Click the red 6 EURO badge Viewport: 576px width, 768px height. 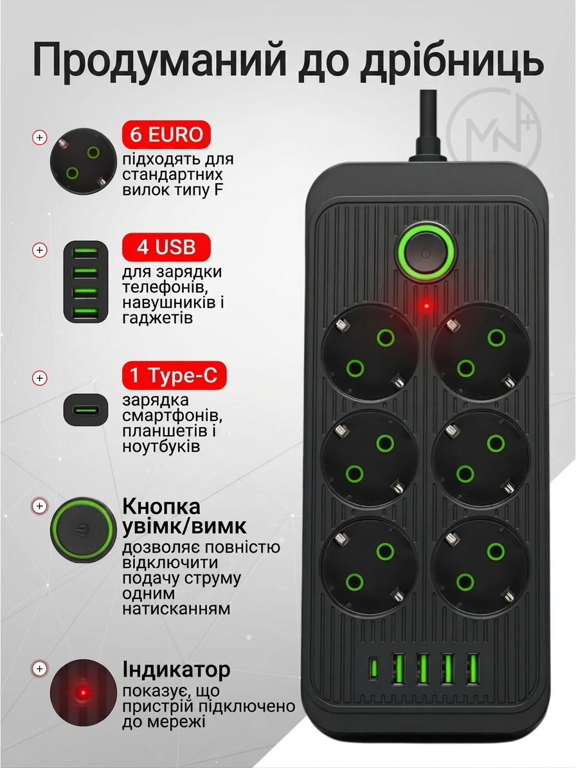[x=166, y=134]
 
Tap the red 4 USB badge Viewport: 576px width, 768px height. [x=166, y=247]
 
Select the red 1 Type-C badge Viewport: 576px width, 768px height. [x=174, y=376]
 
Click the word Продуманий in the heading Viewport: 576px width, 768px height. [x=159, y=61]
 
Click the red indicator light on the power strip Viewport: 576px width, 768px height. [x=426, y=306]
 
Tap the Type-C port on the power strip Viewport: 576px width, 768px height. [x=373, y=668]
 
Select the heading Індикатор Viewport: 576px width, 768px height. [x=176, y=669]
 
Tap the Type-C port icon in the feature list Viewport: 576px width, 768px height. [x=85, y=409]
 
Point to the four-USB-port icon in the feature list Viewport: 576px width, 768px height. [x=85, y=281]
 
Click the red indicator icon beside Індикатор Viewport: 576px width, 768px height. [x=84, y=693]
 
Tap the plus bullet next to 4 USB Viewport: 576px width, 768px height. [x=40, y=250]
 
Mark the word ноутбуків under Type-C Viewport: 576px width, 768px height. [x=161, y=446]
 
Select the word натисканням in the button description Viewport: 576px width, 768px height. [x=176, y=609]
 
